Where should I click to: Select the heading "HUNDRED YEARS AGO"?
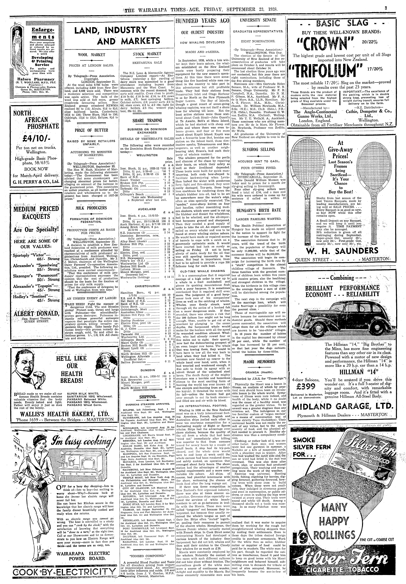point(202,21)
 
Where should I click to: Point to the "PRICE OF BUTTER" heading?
point(91,130)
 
